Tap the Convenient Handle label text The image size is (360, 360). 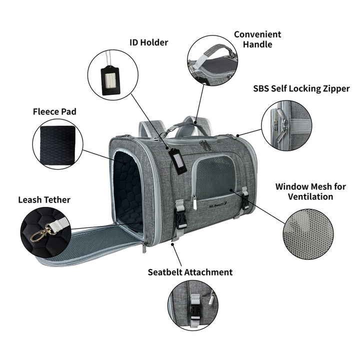[x=257, y=39]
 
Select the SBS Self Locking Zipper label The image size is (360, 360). [x=301, y=88]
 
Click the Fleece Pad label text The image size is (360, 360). [x=54, y=111]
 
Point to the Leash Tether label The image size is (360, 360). [x=44, y=200]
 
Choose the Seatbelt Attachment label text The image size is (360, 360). [x=190, y=272]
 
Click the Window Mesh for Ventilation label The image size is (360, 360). [x=310, y=191]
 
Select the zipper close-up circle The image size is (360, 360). [x=286, y=125]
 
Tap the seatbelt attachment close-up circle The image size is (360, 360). [x=193, y=305]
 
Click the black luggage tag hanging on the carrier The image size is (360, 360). [x=177, y=159]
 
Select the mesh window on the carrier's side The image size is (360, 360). [x=215, y=177]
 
